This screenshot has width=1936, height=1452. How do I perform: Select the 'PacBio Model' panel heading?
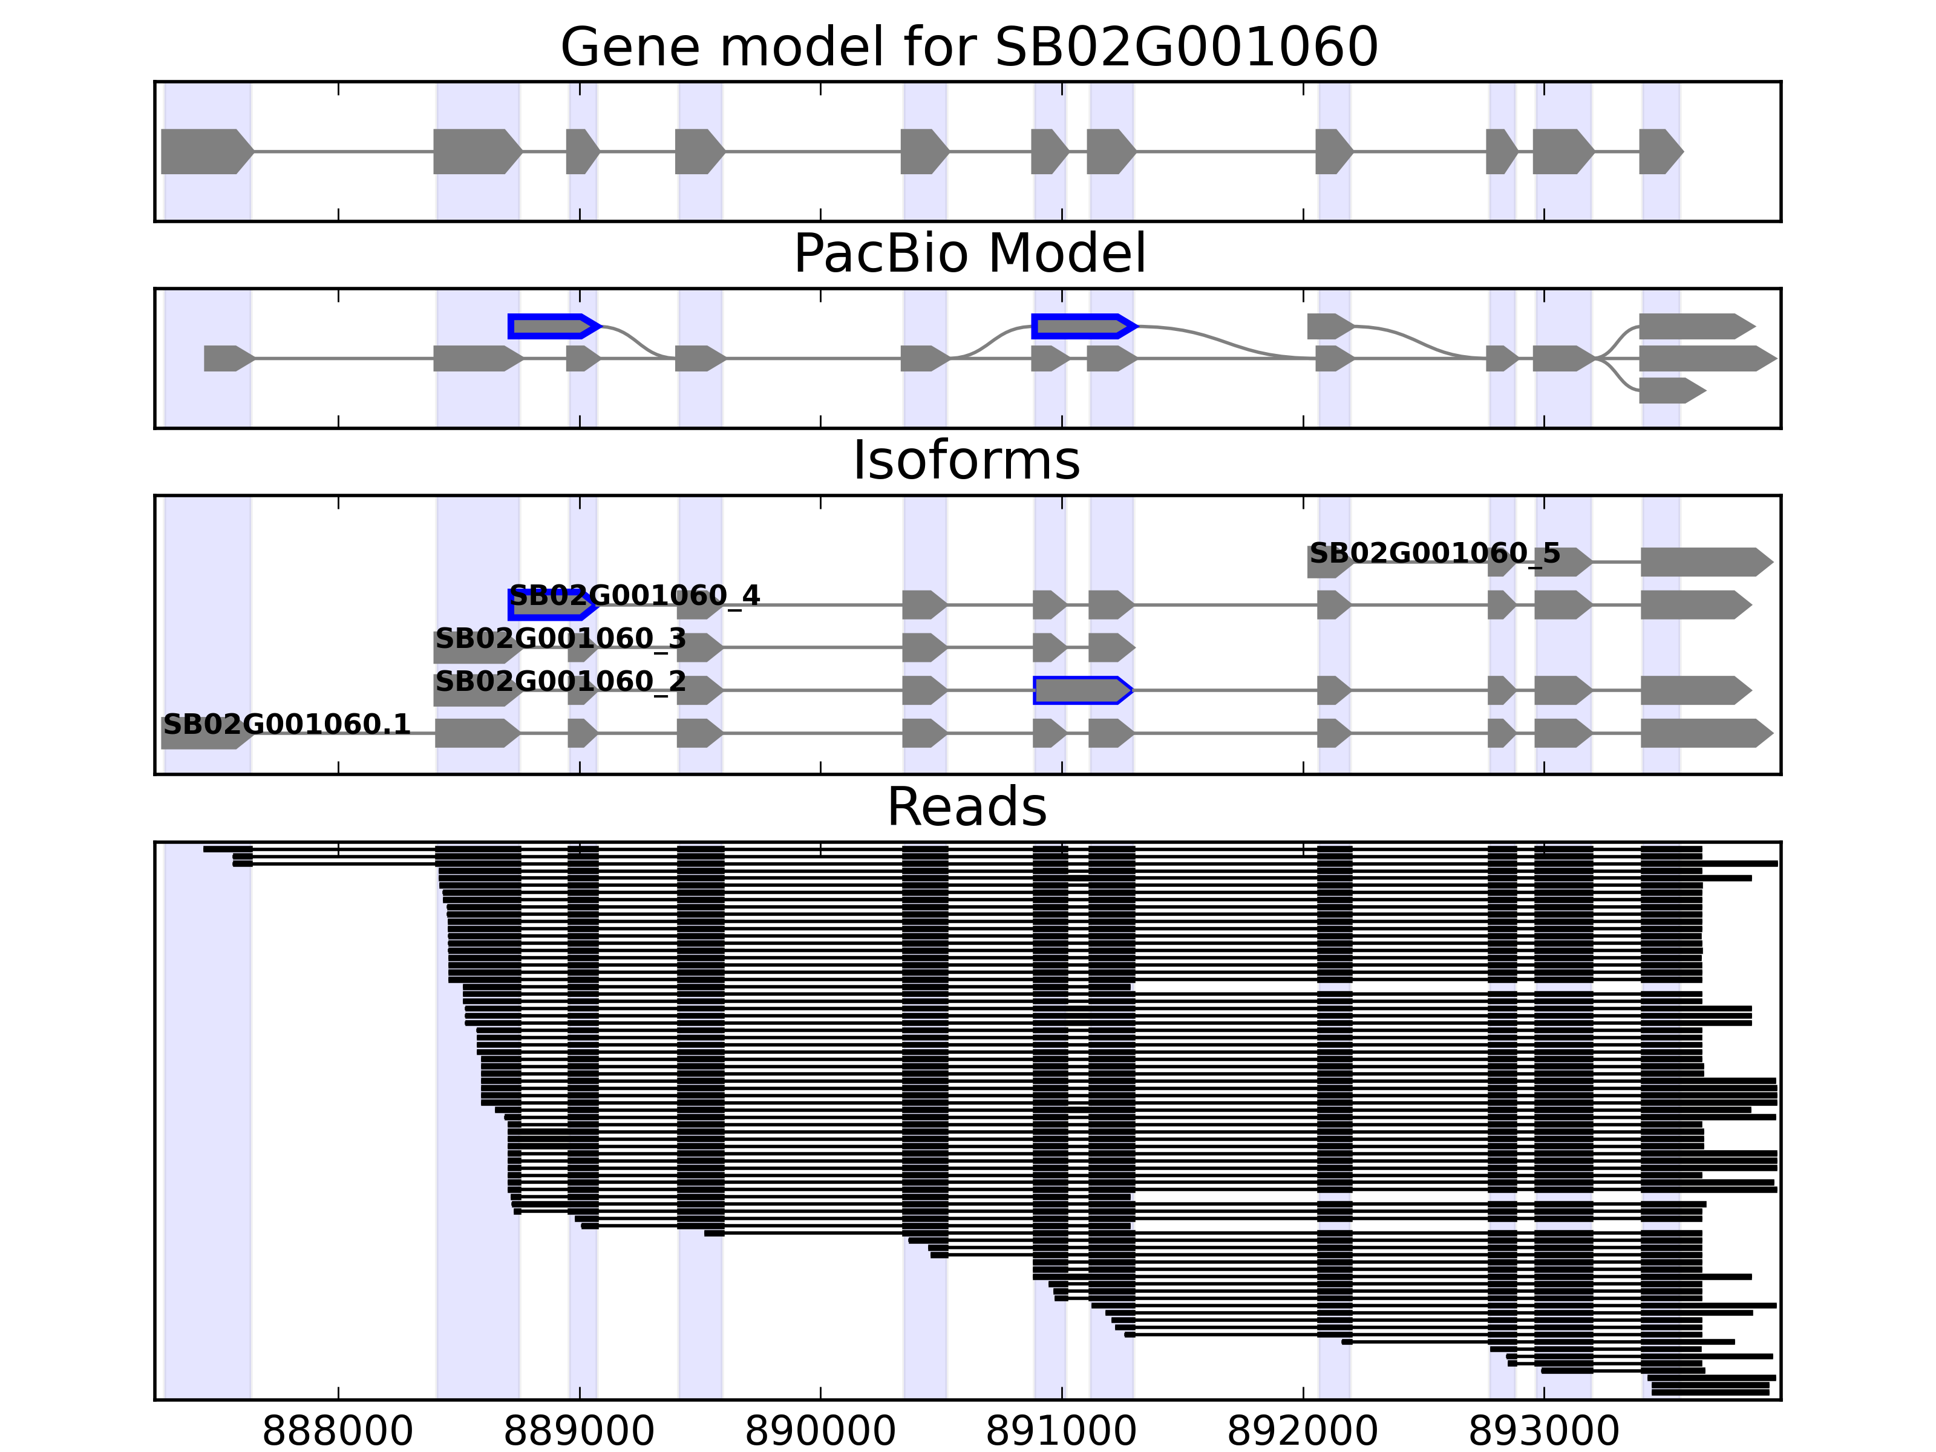point(969,254)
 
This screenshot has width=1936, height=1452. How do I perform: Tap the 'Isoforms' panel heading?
point(966,460)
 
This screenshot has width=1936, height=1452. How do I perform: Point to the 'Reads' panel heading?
point(966,807)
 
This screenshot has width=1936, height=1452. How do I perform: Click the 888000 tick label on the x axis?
point(338,1432)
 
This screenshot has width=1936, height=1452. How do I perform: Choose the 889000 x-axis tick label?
point(580,1432)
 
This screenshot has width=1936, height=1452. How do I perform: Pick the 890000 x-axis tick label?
point(820,1432)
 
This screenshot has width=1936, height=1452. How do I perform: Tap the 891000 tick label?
point(1062,1432)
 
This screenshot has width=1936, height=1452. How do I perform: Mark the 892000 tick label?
point(1303,1432)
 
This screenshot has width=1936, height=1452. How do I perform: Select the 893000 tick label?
point(1544,1432)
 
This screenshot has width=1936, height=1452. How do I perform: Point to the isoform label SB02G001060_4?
point(635,596)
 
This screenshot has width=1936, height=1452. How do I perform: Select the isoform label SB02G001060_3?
point(560,639)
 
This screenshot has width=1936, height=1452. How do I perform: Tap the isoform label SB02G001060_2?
point(560,682)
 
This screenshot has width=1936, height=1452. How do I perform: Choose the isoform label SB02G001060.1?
point(286,725)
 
